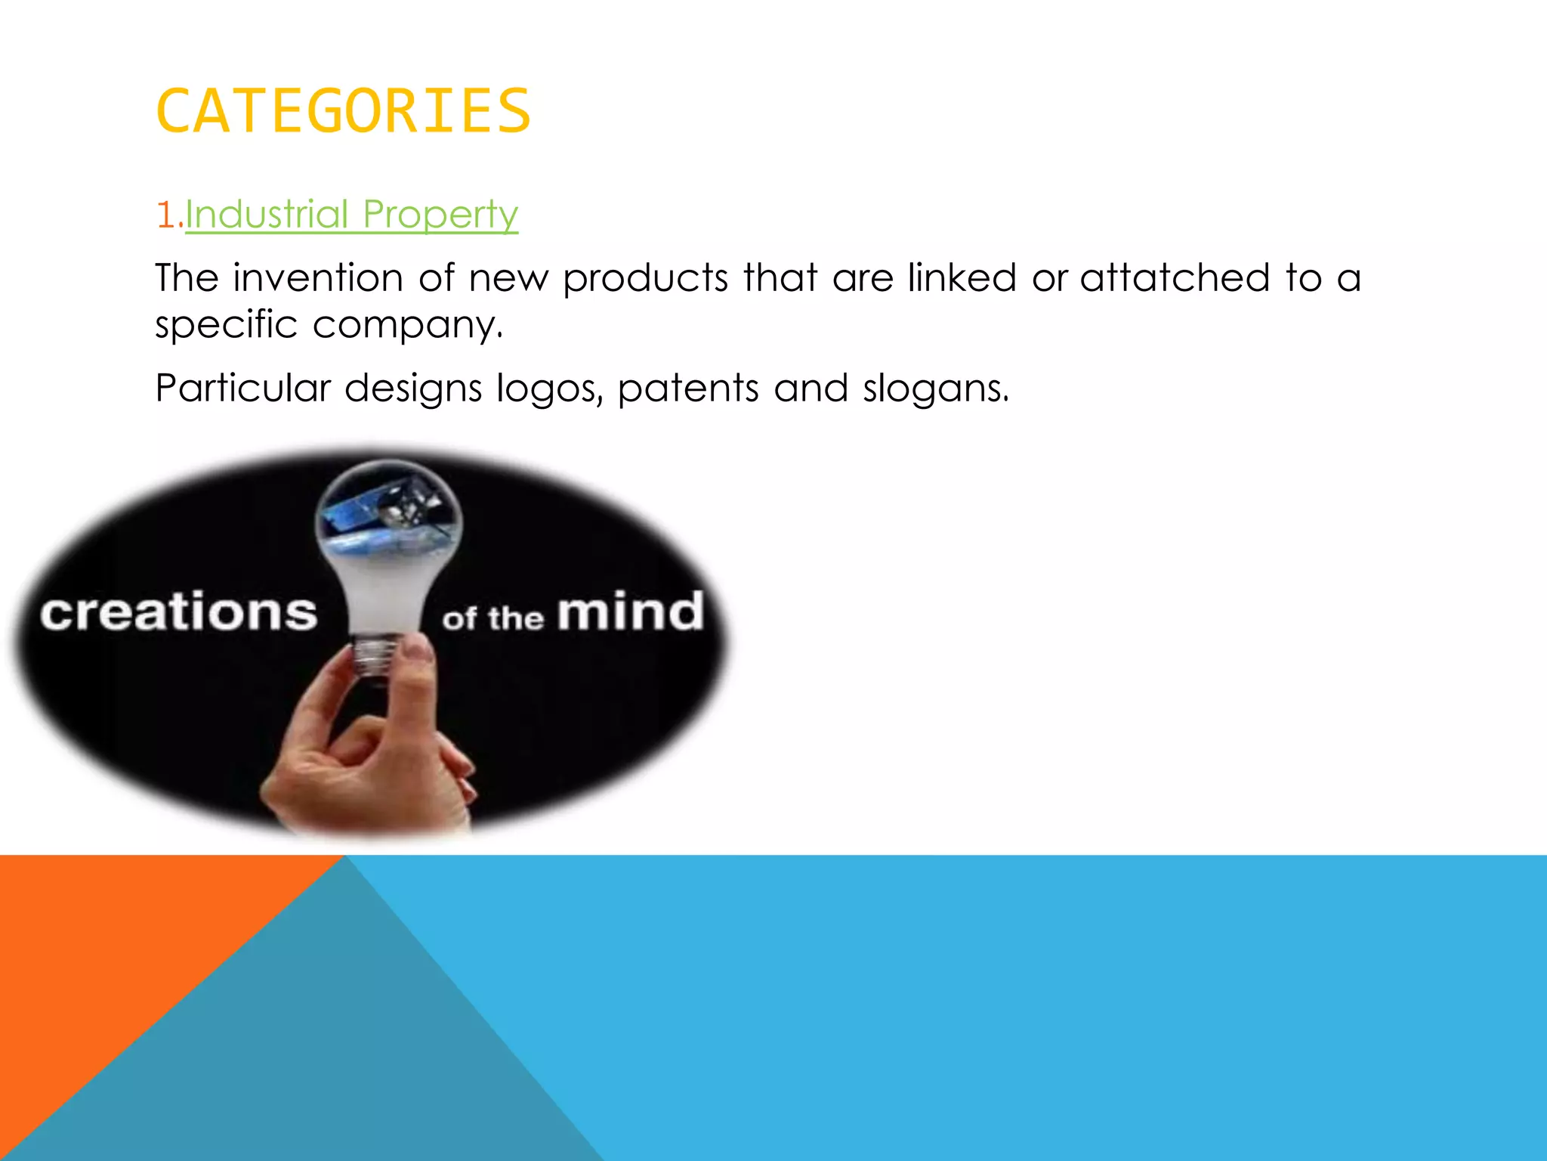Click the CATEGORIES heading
coord(343,112)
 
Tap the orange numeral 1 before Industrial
coord(165,215)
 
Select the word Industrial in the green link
coord(267,214)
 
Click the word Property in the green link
coord(440,215)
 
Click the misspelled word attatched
coord(1175,277)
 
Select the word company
coord(408,326)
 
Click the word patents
coord(688,389)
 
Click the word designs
coord(413,389)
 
